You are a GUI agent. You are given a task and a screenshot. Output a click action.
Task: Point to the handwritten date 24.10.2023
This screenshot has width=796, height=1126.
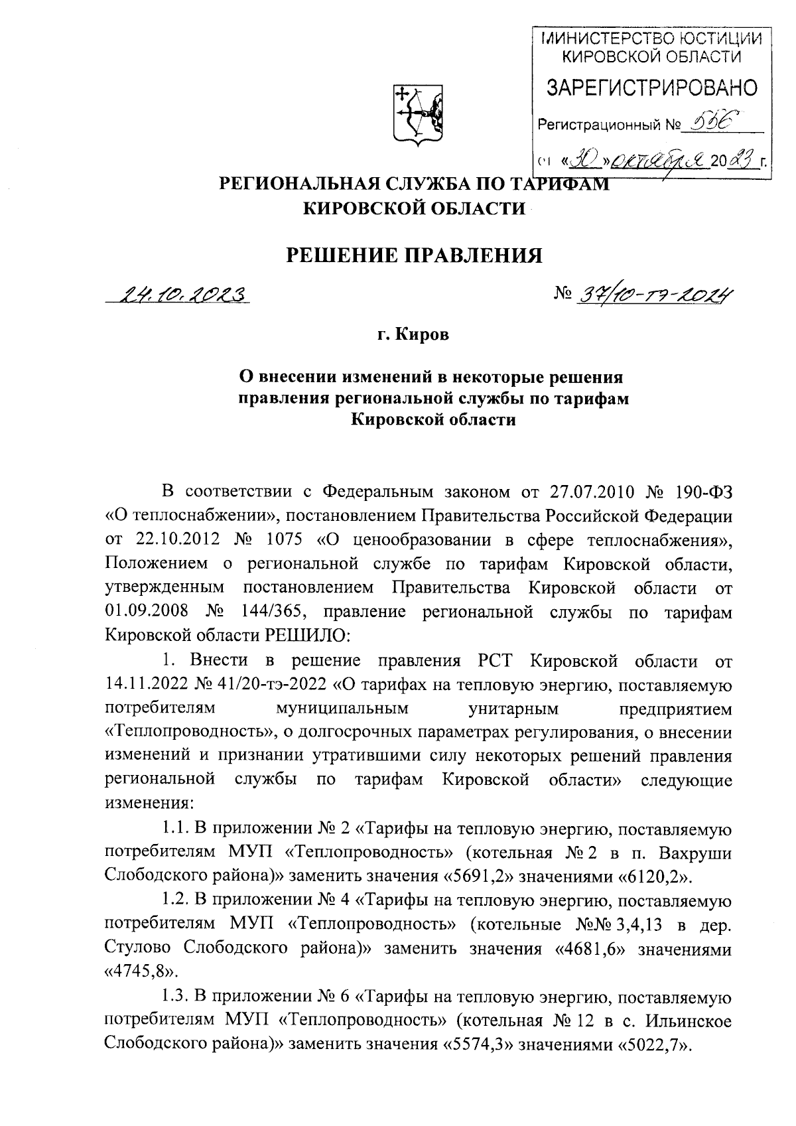[x=180, y=293]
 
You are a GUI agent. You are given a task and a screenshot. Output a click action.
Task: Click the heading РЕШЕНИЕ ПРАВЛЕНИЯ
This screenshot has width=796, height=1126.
[x=413, y=255]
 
